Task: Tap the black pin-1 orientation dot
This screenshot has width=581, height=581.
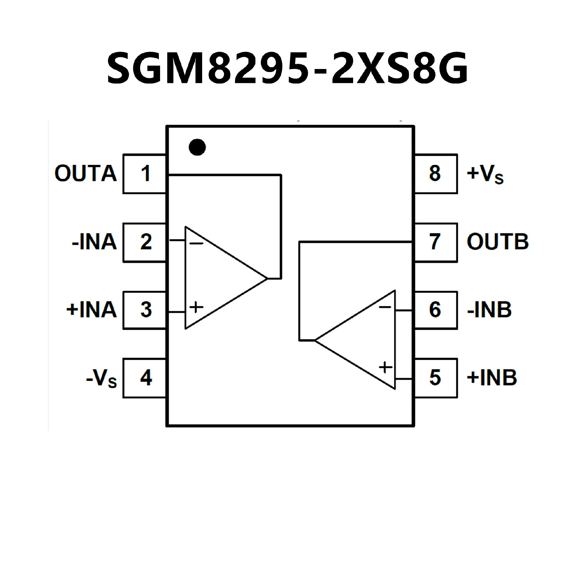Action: pos(197,147)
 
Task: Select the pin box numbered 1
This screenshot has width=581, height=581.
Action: pos(145,174)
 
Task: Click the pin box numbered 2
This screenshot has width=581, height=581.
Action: pos(145,242)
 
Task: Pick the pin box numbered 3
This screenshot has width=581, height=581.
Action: pos(145,310)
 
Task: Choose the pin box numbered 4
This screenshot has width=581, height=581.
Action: pos(145,378)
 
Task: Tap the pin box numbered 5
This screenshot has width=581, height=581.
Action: pos(436,378)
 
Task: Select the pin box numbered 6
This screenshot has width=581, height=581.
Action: pos(436,310)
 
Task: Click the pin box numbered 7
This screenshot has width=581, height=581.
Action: pos(436,242)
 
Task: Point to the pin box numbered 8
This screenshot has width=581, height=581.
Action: pos(436,174)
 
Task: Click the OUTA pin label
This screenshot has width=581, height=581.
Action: pos(86,174)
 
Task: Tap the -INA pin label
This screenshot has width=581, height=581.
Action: pos(94,242)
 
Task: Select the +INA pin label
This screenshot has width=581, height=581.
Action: pos(91,310)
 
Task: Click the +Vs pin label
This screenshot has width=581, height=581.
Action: pos(485,174)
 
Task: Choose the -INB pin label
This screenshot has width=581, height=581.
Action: pos(489,310)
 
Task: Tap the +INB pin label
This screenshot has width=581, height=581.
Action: pos(492,378)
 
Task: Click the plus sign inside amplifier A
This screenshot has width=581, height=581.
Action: pos(196,307)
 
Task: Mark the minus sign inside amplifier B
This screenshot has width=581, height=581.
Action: pos(385,307)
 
